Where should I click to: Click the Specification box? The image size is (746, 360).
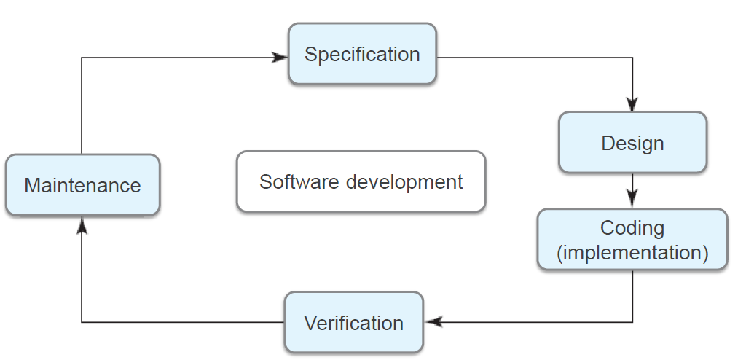362,54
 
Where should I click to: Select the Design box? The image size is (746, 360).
632,143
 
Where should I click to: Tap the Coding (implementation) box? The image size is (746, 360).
632,240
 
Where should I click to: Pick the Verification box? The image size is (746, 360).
353,322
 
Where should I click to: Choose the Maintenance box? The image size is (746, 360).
82,185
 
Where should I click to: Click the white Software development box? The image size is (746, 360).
361,181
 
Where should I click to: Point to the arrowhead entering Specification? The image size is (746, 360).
280,57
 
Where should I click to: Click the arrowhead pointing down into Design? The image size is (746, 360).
632,104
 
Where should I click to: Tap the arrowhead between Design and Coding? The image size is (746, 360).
632,197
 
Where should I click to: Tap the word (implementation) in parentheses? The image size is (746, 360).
632,253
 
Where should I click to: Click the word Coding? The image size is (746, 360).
632,228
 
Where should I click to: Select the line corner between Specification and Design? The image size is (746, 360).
632,58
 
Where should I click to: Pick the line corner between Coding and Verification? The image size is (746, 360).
632,321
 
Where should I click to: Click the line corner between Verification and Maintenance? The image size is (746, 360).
82,321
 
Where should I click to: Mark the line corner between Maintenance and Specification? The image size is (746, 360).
82,58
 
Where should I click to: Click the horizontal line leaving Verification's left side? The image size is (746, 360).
182,321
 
